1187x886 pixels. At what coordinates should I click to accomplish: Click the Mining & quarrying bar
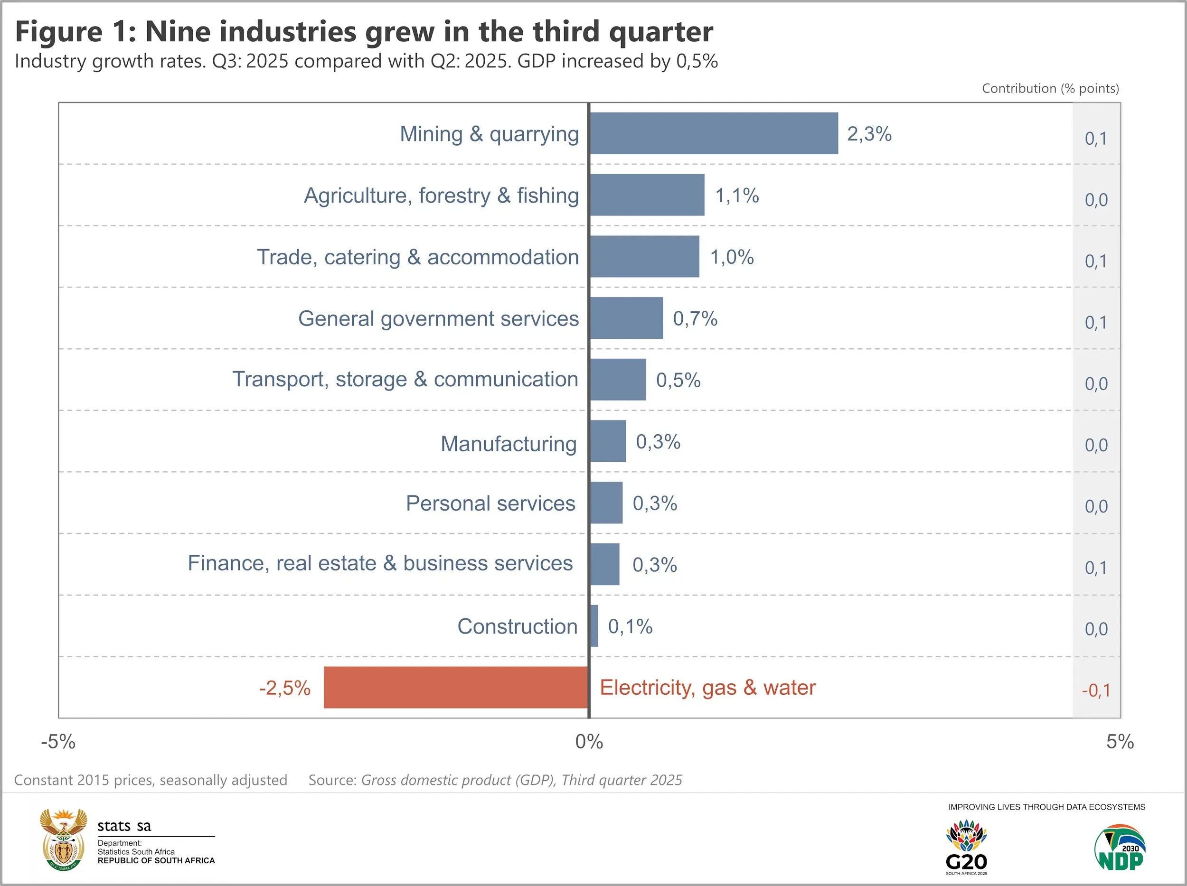point(714,133)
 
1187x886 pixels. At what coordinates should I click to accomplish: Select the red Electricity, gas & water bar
point(456,688)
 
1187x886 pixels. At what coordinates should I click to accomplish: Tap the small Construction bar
point(593,626)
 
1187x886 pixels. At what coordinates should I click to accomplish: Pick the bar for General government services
point(626,318)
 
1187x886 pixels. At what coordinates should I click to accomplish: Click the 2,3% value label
point(869,134)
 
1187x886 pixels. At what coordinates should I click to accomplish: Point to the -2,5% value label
point(284,688)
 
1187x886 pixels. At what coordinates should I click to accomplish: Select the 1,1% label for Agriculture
point(737,196)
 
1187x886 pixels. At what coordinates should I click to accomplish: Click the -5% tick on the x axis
point(58,742)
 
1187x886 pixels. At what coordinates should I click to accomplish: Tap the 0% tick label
point(589,742)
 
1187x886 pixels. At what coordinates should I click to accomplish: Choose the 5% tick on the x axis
point(1120,742)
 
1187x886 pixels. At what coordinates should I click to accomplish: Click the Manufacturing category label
point(508,444)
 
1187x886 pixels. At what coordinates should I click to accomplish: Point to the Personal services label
point(490,503)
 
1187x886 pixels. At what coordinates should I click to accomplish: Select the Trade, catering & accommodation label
point(417,257)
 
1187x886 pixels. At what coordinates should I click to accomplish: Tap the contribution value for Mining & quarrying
point(1095,139)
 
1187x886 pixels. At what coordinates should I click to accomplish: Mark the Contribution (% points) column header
point(1050,88)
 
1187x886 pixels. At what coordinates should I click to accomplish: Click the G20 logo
point(966,846)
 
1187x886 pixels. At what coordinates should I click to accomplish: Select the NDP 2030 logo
point(1120,848)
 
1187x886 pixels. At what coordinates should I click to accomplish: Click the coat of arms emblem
point(63,839)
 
